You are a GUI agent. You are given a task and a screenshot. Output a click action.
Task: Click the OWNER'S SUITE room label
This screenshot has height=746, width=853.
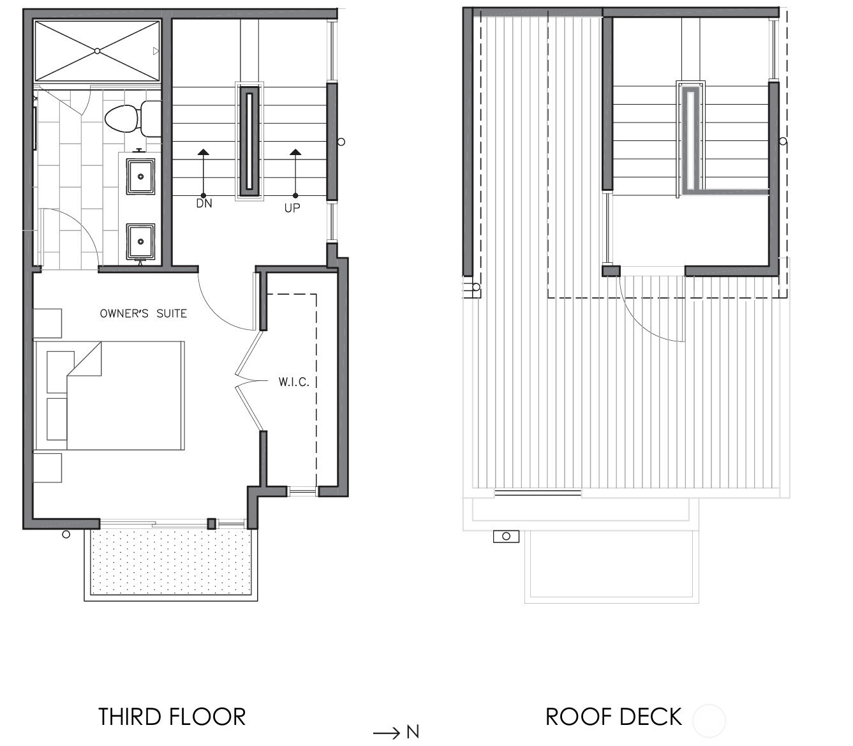[144, 313]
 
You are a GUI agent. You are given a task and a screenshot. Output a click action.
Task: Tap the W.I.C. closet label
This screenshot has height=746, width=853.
[293, 382]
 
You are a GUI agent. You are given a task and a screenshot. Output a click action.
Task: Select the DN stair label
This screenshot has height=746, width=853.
[204, 204]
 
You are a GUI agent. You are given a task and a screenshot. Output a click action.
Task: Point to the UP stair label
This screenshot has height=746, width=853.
[292, 208]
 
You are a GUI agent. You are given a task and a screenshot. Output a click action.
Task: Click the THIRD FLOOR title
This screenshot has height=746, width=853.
[172, 717]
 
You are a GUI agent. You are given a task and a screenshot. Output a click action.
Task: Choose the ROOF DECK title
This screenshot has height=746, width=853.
[613, 717]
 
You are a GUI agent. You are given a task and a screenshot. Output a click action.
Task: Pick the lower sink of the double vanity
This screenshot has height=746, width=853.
[140, 241]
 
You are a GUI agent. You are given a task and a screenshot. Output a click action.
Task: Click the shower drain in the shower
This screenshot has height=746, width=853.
[97, 51]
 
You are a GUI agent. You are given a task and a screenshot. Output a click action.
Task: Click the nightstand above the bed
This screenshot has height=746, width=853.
[47, 323]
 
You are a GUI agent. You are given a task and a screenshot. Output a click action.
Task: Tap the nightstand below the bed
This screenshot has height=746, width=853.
[47, 468]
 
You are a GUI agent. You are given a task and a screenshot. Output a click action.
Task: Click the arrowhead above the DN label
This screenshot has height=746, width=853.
[204, 152]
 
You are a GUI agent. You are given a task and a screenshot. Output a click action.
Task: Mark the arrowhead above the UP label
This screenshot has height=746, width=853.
[295, 152]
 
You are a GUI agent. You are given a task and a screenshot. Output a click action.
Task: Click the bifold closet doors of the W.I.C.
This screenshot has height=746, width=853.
[249, 382]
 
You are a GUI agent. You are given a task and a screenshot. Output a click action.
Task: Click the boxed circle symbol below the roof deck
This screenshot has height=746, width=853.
[506, 536]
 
